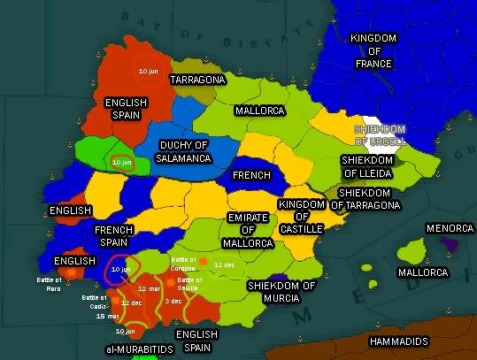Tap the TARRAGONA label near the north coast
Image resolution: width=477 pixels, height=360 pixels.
point(197,80)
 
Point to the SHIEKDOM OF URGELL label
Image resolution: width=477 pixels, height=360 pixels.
point(379,134)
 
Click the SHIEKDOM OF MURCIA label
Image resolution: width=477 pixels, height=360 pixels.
point(281,292)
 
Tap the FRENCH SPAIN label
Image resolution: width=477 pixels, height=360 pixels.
point(114,235)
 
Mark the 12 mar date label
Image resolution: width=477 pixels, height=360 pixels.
point(149,289)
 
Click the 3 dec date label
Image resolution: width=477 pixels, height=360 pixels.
point(173,302)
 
